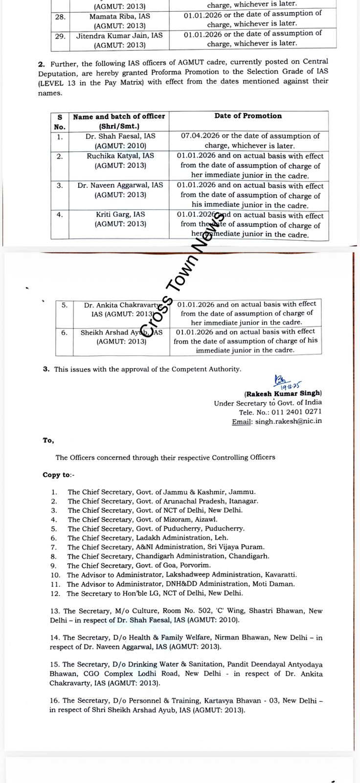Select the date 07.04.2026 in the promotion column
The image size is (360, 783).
click(197, 136)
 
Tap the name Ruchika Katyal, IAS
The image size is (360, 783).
click(120, 156)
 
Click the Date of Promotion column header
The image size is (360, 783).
click(248, 116)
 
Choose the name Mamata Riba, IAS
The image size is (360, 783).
click(120, 16)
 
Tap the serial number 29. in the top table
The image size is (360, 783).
click(60, 36)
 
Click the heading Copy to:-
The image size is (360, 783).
click(59, 475)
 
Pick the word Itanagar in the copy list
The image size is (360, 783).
click(243, 501)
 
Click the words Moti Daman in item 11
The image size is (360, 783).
click(276, 584)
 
